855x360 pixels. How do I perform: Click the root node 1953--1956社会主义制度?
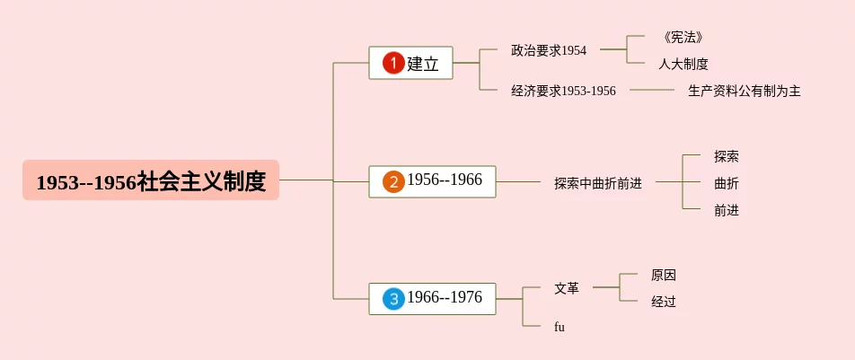151,180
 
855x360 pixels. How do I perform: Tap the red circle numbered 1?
393,63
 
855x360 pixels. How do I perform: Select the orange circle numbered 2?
393,180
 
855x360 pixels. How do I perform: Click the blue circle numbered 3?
393,298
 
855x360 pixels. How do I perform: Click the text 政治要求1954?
548,50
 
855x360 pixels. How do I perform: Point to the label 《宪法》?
683,37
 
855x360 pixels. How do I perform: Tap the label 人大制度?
683,64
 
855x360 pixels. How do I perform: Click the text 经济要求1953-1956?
563,91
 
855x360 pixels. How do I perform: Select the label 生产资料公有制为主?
744,91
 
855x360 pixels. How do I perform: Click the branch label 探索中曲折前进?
597,183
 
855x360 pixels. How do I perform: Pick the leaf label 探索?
726,156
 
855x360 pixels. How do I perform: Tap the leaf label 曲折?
726,183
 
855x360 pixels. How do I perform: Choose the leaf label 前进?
726,210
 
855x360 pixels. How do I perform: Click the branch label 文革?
567,288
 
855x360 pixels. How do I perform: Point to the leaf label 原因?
663,275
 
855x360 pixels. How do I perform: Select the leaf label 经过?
663,302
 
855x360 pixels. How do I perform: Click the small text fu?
560,327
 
